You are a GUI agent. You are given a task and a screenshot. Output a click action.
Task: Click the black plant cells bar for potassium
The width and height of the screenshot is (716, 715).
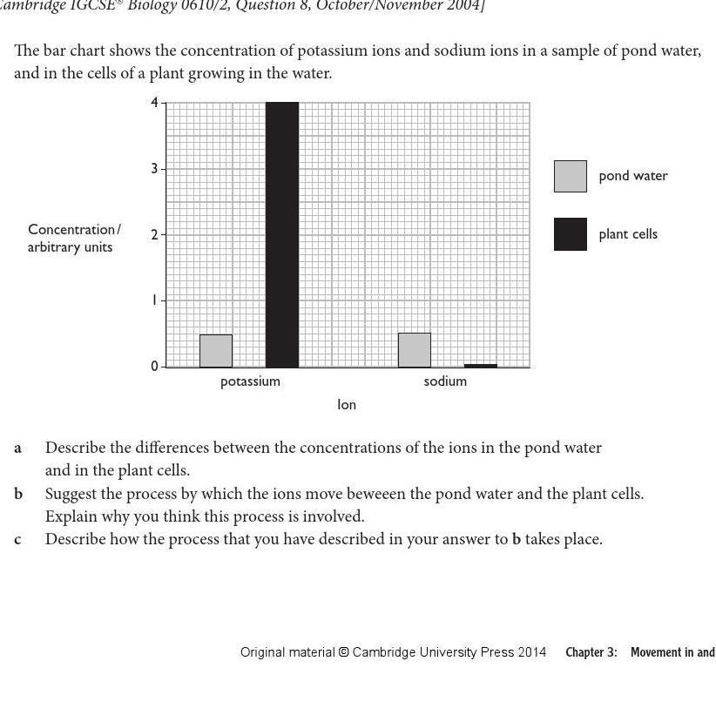tap(281, 234)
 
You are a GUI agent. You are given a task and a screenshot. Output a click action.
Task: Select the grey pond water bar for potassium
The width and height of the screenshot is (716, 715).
tap(216, 350)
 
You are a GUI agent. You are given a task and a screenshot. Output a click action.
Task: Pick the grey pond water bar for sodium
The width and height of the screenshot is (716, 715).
tap(414, 349)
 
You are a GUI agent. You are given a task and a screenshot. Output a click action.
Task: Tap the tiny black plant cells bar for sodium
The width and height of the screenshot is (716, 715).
tap(481, 366)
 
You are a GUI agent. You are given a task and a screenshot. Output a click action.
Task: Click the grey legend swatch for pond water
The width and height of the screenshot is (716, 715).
tap(571, 176)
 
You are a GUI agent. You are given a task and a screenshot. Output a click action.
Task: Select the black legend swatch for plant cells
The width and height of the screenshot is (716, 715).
tap(571, 234)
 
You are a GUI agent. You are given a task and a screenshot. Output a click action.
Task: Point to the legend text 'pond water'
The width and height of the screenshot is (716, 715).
tap(632, 176)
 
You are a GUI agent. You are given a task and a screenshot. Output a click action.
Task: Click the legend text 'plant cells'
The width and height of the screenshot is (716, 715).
tap(627, 234)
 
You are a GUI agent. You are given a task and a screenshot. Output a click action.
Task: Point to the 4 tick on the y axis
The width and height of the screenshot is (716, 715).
tap(155, 103)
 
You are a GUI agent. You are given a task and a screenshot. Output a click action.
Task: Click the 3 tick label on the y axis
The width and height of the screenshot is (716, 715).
tap(155, 168)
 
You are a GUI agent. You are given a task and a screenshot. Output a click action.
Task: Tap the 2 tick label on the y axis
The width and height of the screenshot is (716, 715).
tap(155, 234)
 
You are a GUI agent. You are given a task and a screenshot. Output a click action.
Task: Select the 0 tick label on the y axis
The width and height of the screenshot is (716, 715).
tap(155, 367)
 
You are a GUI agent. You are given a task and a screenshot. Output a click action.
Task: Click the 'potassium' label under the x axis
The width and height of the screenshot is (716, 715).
tap(250, 381)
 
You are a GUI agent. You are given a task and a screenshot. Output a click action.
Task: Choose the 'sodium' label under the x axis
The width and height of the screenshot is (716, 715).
tap(445, 381)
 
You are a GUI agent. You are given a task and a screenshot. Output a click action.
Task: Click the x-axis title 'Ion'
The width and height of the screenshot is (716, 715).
tap(347, 405)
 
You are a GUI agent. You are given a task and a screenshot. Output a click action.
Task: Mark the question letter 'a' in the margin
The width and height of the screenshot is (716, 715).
tap(17, 448)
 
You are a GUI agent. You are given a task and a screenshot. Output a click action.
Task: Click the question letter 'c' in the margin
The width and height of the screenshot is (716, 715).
tap(17, 539)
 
